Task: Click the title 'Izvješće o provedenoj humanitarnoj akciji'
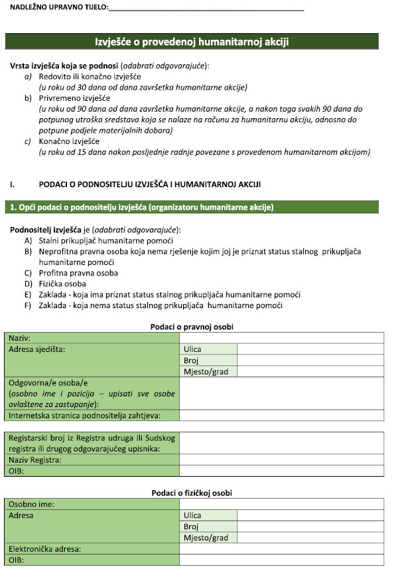192,42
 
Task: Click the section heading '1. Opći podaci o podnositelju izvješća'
141,207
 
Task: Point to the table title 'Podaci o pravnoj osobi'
192,327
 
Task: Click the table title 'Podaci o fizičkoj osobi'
192,493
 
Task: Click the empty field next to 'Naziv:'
281,338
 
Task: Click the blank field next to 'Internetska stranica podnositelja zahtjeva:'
281,416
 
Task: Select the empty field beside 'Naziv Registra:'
281,459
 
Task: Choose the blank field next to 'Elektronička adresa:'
281,549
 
